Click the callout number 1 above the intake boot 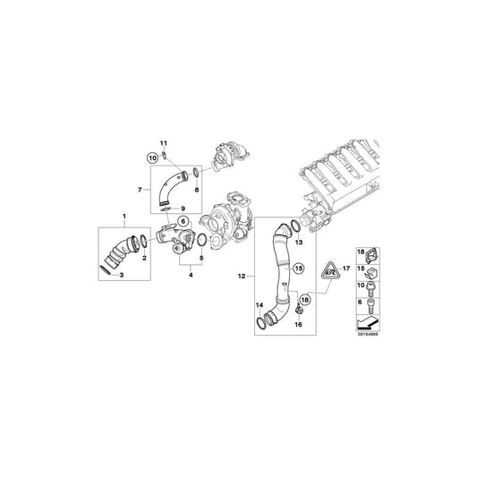pos(124,217)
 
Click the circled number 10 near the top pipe pos(151,157)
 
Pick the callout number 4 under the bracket pos(190,275)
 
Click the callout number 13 pos(300,243)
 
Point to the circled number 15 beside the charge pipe pos(300,268)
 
